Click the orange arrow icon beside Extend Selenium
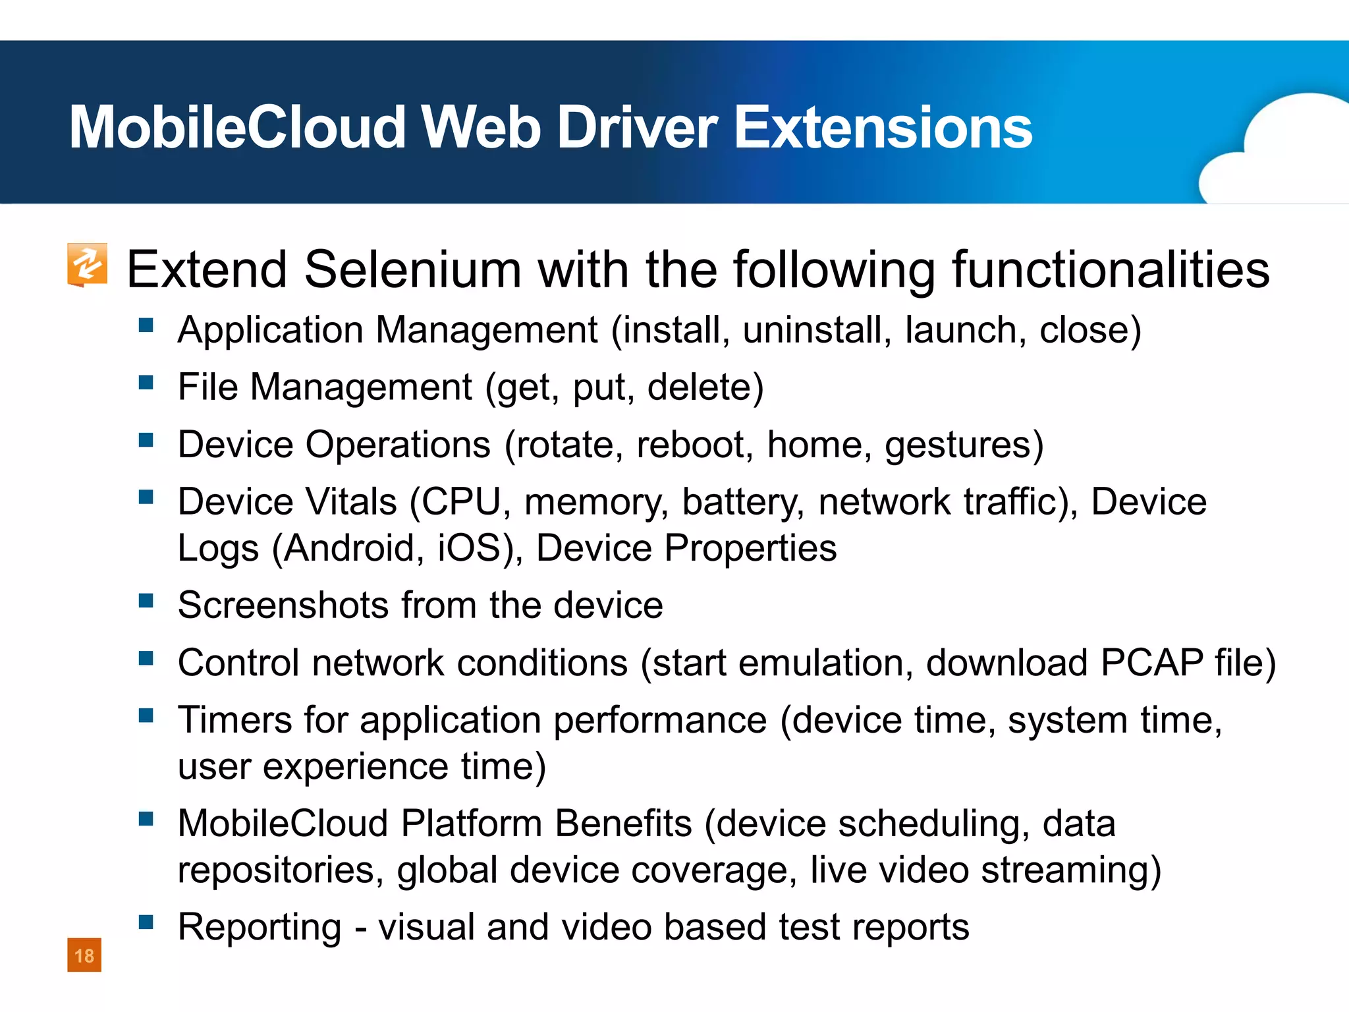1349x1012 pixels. click(x=87, y=265)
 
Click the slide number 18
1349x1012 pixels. click(x=84, y=955)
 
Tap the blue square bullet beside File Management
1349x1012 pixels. click(x=146, y=383)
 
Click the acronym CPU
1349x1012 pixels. click(x=461, y=502)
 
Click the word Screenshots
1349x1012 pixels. click(x=283, y=605)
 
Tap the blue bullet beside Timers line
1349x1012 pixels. click(x=146, y=716)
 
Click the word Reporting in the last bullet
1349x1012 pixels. click(x=260, y=928)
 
